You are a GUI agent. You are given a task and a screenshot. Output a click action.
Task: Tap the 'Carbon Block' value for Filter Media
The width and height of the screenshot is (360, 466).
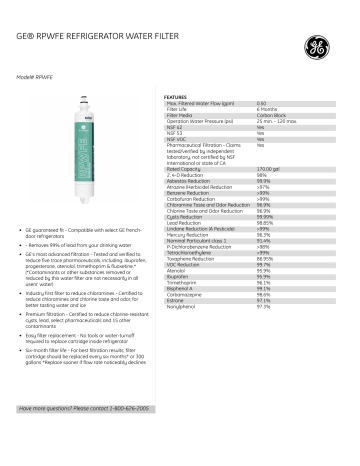(x=268, y=117)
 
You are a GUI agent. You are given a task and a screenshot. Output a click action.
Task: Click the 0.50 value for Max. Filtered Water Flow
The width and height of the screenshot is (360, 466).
(x=262, y=104)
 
